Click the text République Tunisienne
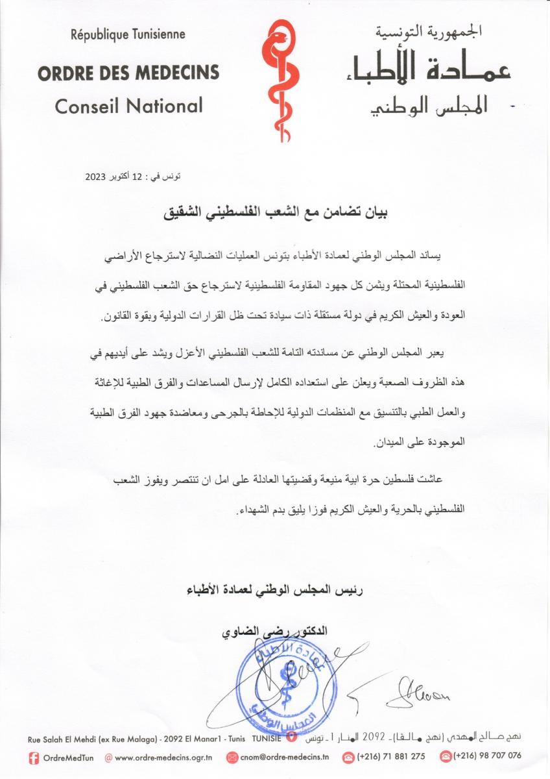point(128,34)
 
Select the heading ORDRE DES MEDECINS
point(128,71)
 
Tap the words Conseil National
point(128,106)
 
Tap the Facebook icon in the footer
point(34,756)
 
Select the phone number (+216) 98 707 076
point(487,756)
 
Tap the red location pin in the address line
point(291,737)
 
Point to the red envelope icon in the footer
point(232,757)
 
